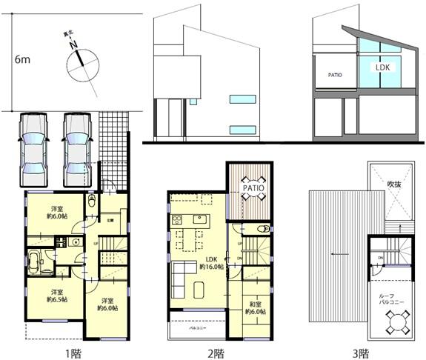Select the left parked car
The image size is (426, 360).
pos(33,150)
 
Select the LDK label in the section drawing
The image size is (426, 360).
pos(382,67)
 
